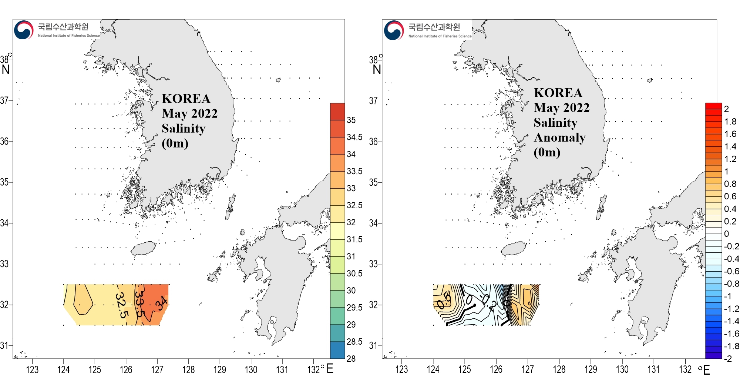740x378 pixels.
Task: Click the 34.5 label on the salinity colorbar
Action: [x=354, y=137]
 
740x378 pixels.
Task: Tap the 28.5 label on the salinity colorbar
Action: [x=354, y=342]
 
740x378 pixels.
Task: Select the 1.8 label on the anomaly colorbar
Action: [x=730, y=122]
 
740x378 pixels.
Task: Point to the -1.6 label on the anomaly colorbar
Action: [x=731, y=334]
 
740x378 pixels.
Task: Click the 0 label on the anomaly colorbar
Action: [x=726, y=234]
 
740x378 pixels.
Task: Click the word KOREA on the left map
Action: [x=186, y=99]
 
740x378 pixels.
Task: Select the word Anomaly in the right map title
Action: [x=559, y=137]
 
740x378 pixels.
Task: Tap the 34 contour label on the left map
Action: [x=162, y=304]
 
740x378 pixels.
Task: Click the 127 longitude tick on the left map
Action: [x=157, y=369]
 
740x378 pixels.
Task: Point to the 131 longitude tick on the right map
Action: [x=653, y=369]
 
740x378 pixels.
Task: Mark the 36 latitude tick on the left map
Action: [x=4, y=141]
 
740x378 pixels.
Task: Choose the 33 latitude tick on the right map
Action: [x=373, y=264]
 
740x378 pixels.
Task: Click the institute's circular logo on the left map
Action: [x=24, y=30]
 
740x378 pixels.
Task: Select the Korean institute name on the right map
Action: [x=434, y=27]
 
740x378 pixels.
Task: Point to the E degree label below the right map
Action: [x=706, y=370]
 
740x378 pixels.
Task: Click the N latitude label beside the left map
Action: [x=6, y=69]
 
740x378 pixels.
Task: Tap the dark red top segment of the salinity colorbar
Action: [x=337, y=112]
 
